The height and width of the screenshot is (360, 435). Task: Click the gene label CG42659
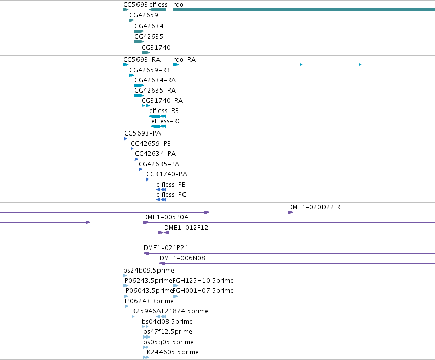144,15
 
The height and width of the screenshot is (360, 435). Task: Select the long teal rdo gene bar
304,10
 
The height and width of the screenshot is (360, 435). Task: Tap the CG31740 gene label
156,48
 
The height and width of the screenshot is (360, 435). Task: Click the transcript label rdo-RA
185,60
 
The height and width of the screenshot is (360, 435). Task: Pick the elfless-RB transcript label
164,111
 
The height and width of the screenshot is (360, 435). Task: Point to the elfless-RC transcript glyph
158,126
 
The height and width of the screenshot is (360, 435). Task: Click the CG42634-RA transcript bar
139,85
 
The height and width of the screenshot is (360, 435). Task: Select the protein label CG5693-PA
143,133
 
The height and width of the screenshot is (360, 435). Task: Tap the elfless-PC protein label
171,194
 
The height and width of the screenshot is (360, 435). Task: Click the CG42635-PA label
159,164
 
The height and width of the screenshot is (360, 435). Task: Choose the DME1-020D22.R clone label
314,207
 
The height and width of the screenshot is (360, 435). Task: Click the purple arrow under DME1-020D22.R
290,212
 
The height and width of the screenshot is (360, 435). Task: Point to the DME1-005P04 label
165,217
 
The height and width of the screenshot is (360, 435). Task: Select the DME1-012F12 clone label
186,228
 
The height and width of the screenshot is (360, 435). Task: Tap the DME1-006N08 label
182,258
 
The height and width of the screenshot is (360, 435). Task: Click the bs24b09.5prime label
149,271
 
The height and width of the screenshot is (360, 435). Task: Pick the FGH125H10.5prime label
203,281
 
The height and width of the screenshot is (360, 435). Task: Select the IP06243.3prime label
149,301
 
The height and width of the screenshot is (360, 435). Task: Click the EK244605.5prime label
171,352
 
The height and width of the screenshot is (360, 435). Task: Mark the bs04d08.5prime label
167,322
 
